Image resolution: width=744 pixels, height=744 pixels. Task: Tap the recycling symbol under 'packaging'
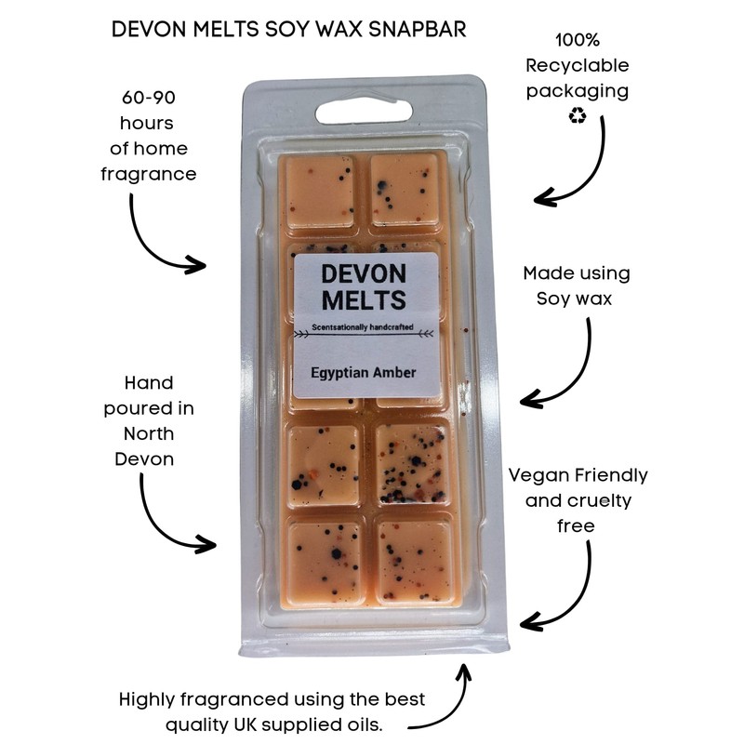577,117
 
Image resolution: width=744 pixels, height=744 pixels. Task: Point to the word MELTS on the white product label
364,300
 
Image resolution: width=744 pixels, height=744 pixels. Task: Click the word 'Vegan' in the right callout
536,475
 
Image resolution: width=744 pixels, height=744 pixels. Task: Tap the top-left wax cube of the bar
319,189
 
